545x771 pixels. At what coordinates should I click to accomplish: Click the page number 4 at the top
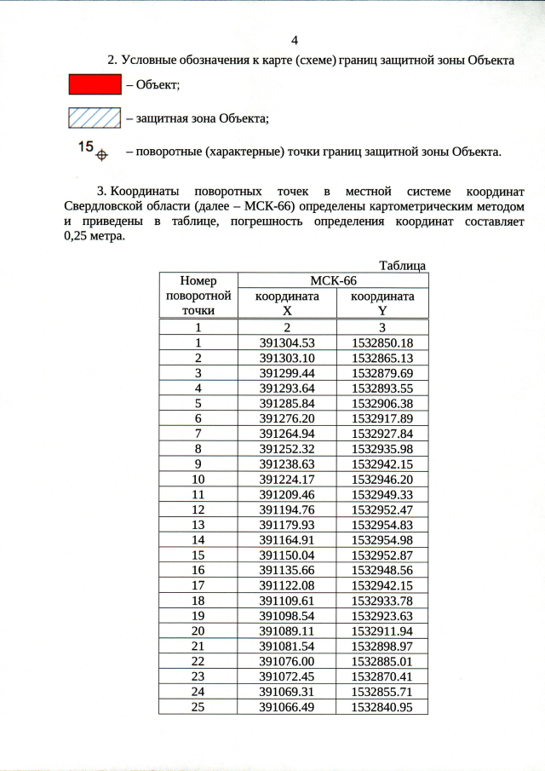pos(295,41)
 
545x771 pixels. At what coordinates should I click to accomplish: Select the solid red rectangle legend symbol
pos(94,84)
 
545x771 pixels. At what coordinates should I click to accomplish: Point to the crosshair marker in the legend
pos(101,155)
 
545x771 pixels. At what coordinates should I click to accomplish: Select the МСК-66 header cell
pos(332,280)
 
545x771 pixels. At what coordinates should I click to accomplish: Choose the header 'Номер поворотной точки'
pos(198,296)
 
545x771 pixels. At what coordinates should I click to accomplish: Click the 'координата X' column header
pos(287,303)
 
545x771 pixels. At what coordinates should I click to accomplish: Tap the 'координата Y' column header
pos(382,303)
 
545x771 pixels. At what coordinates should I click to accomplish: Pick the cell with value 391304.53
pos(287,343)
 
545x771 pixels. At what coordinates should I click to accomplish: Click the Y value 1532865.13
pos(382,358)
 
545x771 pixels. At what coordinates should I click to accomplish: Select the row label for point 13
pos(198,524)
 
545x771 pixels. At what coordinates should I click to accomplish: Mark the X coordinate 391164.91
pos(287,538)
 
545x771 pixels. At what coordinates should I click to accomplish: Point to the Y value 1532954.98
pos(382,538)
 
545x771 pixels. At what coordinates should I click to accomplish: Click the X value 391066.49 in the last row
pos(287,706)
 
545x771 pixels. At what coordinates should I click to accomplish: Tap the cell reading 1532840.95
pos(382,706)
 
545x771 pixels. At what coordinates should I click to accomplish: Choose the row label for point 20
pos(198,630)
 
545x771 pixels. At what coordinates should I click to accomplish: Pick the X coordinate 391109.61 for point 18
pos(287,600)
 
